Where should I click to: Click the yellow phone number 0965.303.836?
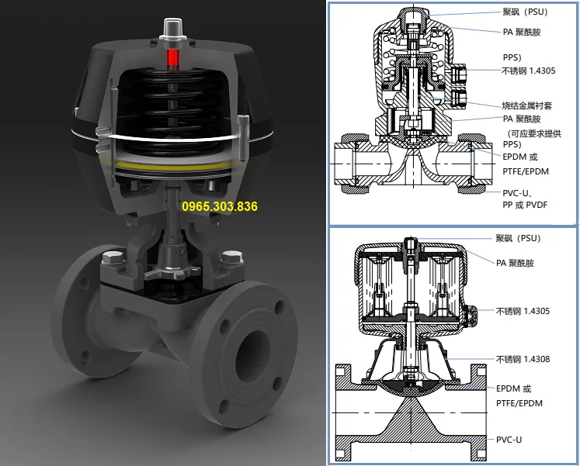[220, 206]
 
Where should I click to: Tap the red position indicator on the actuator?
[172, 59]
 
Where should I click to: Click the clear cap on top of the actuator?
[172, 28]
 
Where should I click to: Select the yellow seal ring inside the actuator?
[174, 166]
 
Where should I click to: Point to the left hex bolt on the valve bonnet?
[113, 257]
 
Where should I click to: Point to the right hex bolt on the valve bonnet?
[232, 257]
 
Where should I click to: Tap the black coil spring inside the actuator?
[172, 111]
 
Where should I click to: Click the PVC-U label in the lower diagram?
[509, 440]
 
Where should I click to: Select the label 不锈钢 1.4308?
[523, 359]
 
